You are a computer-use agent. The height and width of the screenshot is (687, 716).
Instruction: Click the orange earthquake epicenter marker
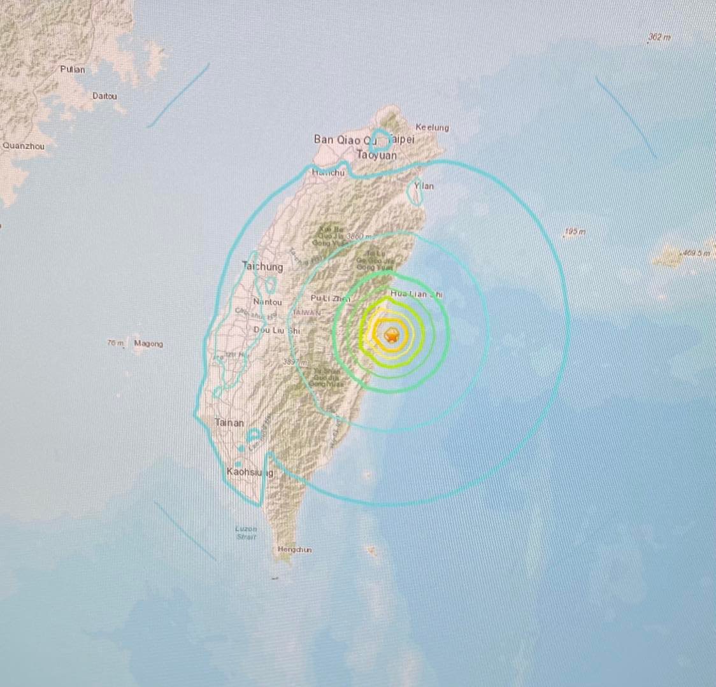(392, 335)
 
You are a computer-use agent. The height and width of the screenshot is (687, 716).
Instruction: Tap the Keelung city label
(432, 127)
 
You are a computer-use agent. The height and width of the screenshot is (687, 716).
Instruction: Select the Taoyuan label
(376, 155)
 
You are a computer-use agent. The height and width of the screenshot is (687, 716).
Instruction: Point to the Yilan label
(424, 186)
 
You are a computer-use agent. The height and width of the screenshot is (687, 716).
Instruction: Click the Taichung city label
(262, 267)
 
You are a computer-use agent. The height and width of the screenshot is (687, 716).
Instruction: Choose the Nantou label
(267, 302)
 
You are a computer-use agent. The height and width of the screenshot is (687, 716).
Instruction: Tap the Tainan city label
(229, 422)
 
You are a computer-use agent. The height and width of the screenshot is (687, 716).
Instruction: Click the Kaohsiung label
(250, 472)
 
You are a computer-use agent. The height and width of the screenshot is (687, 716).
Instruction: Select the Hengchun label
(294, 549)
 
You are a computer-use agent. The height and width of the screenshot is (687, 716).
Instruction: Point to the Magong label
(148, 344)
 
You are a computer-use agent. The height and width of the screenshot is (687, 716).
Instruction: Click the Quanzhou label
(24, 146)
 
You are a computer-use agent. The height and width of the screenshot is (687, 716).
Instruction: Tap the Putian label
(72, 69)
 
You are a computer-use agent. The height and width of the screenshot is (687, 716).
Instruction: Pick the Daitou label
(104, 96)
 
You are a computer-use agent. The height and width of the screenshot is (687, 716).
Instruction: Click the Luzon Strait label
(246, 532)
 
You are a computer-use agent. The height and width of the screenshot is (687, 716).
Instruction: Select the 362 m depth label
(659, 38)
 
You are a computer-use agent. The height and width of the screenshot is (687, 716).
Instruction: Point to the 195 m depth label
(575, 232)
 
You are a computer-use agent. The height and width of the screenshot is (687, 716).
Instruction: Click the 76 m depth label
(115, 343)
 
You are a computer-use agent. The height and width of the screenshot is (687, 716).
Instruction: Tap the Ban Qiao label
(337, 139)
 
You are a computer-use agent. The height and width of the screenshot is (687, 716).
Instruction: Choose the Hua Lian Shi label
(416, 294)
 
